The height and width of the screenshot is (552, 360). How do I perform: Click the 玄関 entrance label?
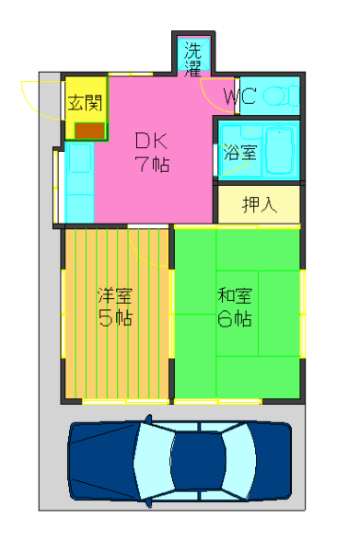(85, 103)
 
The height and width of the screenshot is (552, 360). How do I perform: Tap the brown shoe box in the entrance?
(89, 131)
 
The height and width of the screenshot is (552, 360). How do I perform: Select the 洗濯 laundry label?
(192, 60)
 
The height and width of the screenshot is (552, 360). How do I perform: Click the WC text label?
(240, 96)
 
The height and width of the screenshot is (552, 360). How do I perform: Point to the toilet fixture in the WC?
(281, 96)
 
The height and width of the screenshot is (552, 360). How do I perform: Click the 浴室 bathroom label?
(240, 153)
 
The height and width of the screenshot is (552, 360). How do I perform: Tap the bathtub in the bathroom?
(279, 151)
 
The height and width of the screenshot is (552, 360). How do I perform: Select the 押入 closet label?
(260, 204)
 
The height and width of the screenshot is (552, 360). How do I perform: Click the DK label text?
(152, 141)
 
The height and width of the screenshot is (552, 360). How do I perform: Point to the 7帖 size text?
(152, 164)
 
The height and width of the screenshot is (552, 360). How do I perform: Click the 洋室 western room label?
(115, 295)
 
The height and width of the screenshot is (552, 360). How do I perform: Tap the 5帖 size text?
(115, 318)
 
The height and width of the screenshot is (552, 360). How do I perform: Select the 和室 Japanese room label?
(235, 295)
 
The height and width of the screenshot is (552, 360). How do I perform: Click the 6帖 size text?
(235, 318)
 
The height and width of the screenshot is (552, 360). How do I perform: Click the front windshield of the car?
(239, 461)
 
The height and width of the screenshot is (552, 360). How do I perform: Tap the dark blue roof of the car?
(197, 461)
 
